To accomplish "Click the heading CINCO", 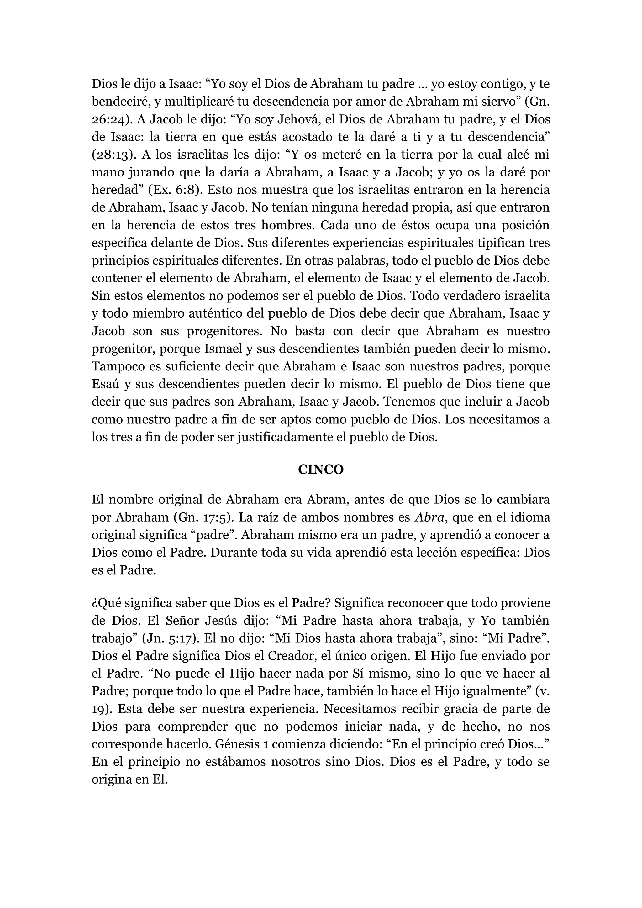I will (320, 470).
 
